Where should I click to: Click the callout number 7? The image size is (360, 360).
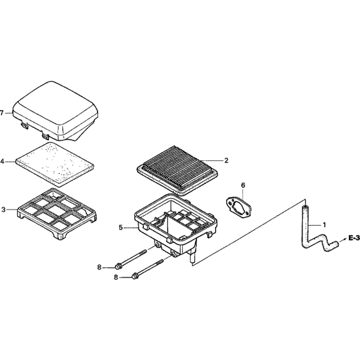pyautogui.click(x=2, y=113)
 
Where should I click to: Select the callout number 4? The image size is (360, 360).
pyautogui.click(x=2, y=162)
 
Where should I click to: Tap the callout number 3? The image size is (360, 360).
pyautogui.click(x=3, y=210)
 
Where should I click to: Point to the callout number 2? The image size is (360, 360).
pyautogui.click(x=226, y=161)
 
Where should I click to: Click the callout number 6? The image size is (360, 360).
pyautogui.click(x=243, y=185)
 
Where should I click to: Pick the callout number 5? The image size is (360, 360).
pyautogui.click(x=121, y=228)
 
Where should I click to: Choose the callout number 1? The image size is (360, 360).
pyautogui.click(x=324, y=225)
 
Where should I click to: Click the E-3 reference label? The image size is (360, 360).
pyautogui.click(x=354, y=238)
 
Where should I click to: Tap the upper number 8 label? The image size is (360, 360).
pyautogui.click(x=99, y=267)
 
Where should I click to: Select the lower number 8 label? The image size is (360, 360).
pyautogui.click(x=116, y=278)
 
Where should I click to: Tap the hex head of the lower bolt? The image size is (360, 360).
pyautogui.click(x=135, y=276)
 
